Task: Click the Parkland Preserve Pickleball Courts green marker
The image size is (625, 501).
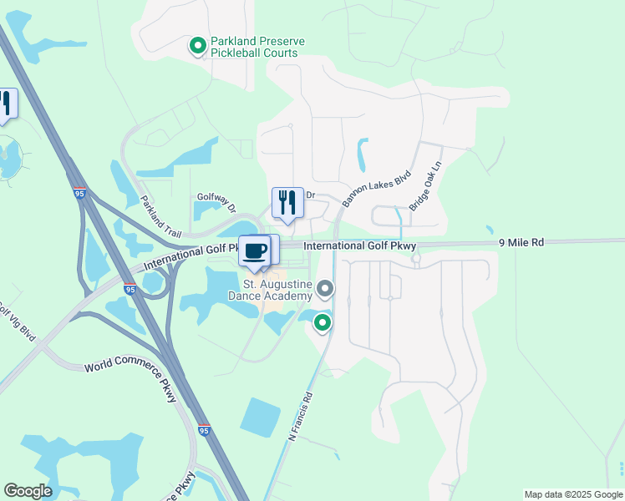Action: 198,47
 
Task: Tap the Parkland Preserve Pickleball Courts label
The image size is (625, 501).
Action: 257,47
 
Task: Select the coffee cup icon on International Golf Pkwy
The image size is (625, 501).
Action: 255,250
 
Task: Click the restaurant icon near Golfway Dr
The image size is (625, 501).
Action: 287,202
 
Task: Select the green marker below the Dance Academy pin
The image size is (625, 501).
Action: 323,322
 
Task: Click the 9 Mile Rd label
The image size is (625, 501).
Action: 521,242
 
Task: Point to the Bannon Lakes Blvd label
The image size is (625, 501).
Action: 377,185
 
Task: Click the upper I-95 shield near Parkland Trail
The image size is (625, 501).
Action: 79,194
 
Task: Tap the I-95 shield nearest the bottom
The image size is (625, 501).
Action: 205,430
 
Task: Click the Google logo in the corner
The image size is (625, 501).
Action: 28,491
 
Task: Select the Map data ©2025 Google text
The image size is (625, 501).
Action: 572,494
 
